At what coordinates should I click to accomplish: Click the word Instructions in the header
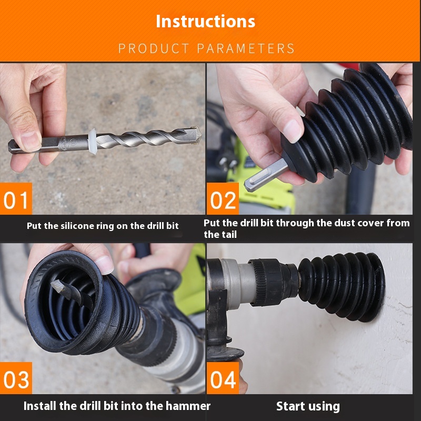point(205,21)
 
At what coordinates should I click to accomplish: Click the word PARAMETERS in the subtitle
point(246,48)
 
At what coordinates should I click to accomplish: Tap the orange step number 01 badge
point(16,199)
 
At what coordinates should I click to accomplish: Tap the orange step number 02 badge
point(223,199)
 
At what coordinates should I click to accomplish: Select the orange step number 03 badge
point(16,378)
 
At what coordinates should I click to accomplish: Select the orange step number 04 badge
point(223,378)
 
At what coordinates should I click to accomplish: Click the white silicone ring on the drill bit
point(92,141)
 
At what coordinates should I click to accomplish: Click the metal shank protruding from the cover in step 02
point(265,175)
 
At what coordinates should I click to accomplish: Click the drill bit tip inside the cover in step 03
point(58,286)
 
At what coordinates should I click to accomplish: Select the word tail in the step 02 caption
point(228,234)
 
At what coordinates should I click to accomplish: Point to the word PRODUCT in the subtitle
point(154,48)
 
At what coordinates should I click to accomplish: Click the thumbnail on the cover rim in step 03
point(104,264)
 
